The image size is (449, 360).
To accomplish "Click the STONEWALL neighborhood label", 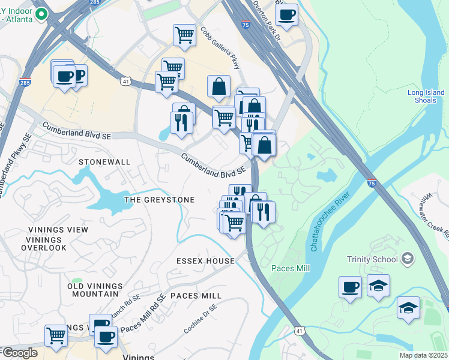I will tap(104, 162).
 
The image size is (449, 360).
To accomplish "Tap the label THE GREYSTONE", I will tap(159, 200).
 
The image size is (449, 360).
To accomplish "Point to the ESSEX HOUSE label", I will tap(205, 261).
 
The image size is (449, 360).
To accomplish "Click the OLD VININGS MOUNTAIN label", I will tap(95, 290).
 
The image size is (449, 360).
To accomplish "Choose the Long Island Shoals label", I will tap(426, 97).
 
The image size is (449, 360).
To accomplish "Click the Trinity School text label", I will tap(372, 259).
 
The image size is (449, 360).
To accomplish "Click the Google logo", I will tap(19, 353).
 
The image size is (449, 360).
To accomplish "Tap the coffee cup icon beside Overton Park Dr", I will tap(286, 14).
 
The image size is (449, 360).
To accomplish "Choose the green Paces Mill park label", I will tap(291, 268).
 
